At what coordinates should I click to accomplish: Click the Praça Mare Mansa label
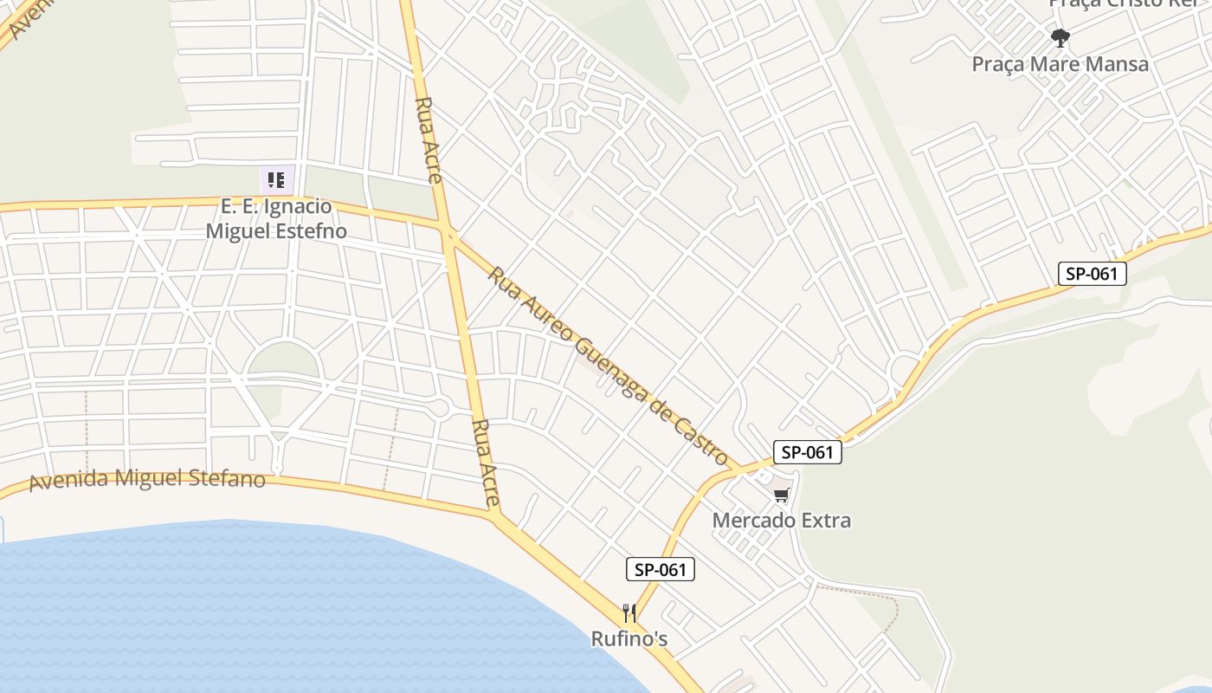1060,64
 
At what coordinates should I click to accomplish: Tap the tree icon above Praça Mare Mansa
1060,37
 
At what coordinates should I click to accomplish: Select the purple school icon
277,180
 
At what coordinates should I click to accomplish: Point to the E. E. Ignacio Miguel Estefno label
276,219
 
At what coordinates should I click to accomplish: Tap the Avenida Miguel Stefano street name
147,479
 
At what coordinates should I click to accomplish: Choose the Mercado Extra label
781,521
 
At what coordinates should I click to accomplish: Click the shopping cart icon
781,495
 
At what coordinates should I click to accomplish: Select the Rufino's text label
629,639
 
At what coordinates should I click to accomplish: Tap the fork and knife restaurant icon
629,613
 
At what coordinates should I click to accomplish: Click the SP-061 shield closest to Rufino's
661,569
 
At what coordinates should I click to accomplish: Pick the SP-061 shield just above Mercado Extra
807,451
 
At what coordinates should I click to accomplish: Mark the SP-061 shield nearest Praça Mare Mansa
1093,274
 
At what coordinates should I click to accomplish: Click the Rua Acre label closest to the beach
487,463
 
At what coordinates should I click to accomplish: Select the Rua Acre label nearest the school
429,139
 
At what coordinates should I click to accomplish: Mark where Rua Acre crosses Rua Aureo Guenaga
448,232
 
